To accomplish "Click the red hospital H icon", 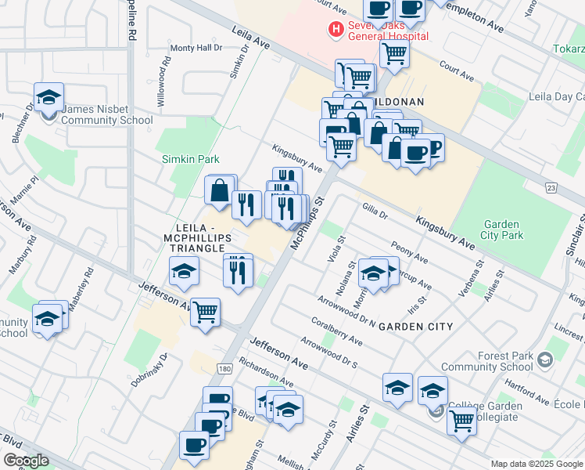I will (336, 30).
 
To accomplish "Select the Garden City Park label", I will (502, 229).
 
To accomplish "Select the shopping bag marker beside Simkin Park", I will (221, 190).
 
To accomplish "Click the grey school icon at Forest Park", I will (546, 360).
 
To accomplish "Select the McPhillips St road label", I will (307, 224).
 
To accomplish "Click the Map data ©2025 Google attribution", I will (537, 464).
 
